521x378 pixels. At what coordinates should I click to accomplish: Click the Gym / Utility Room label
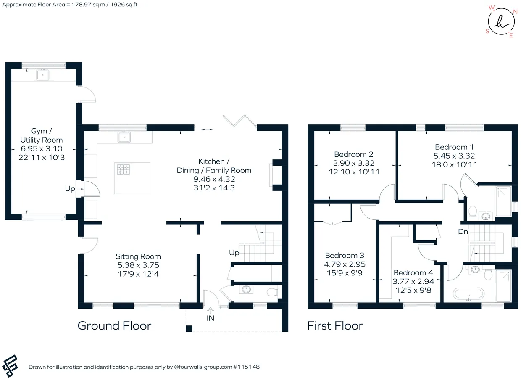click(42, 135)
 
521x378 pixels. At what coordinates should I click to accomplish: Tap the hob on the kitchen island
click(123, 170)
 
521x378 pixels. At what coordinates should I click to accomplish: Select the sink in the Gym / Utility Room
click(43, 75)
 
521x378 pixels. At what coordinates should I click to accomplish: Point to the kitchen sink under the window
click(124, 137)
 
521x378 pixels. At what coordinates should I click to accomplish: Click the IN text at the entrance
click(210, 318)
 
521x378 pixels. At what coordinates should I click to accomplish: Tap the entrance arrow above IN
click(210, 310)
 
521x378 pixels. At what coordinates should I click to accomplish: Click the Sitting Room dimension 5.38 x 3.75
click(138, 265)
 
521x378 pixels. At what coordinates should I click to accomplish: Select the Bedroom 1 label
click(454, 147)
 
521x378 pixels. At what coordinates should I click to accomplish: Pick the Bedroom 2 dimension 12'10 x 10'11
click(354, 172)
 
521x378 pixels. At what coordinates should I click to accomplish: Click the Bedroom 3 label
click(345, 255)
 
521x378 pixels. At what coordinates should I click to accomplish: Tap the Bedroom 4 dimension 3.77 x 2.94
click(413, 281)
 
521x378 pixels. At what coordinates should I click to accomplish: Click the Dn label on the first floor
click(463, 232)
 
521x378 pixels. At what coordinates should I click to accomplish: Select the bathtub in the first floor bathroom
click(468, 294)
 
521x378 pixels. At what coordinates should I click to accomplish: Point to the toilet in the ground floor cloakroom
click(272, 292)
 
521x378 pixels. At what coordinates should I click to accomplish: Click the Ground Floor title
click(114, 325)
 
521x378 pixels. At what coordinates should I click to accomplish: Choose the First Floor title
click(335, 325)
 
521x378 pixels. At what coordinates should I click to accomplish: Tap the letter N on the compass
click(515, 12)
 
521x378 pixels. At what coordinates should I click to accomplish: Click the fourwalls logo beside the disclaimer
click(10, 366)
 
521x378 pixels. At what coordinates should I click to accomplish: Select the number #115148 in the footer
click(246, 367)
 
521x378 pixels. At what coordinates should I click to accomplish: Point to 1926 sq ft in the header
click(124, 5)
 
